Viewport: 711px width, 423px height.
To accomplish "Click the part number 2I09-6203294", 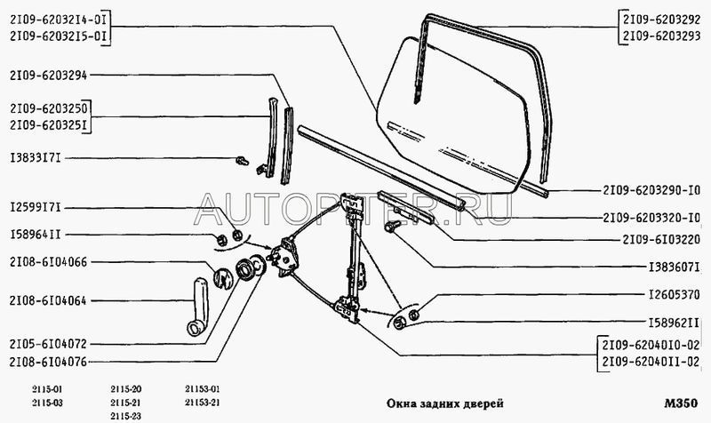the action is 48,76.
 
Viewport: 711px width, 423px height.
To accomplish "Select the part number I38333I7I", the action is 36,159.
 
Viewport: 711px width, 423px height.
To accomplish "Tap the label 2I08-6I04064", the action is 48,300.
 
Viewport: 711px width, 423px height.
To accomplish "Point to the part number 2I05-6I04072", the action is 48,344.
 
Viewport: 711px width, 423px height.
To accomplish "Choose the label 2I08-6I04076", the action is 48,362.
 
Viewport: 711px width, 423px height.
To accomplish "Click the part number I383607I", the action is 675,267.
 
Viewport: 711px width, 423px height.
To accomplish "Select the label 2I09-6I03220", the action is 661,239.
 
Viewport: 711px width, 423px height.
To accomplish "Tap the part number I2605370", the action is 675,295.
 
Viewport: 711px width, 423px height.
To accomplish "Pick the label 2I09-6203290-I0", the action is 651,190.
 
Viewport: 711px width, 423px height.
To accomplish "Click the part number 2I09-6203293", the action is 661,36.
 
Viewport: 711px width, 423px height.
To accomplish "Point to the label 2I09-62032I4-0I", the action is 58,20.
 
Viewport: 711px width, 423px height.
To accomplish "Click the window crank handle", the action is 197,307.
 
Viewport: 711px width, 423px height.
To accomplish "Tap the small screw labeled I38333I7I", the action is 243,161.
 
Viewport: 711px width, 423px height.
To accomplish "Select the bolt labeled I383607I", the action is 391,226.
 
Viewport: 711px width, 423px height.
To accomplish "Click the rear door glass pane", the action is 453,116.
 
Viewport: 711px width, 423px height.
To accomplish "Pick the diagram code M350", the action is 681,403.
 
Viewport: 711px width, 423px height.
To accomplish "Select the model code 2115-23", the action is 126,416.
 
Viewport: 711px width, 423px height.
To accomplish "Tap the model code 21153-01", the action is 203,389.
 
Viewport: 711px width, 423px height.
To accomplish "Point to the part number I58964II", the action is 35,235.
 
